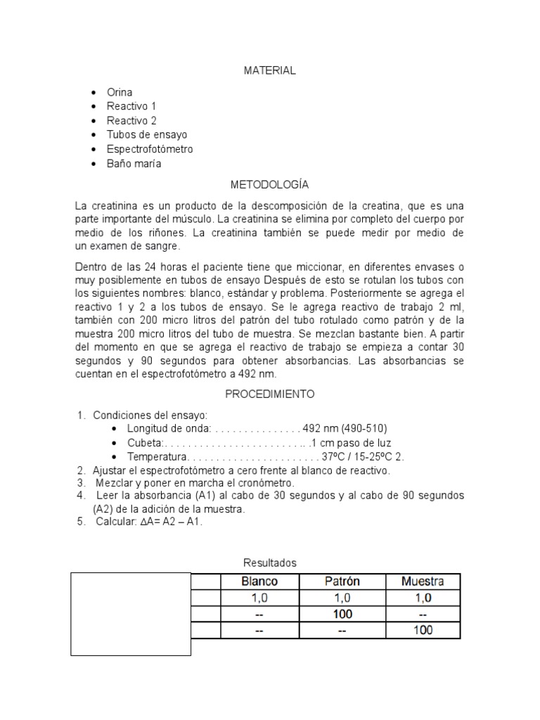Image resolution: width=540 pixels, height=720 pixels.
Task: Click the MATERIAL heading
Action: [269, 70]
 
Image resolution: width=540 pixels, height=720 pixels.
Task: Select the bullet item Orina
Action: [120, 92]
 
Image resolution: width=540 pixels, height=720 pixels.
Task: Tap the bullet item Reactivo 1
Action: [131, 106]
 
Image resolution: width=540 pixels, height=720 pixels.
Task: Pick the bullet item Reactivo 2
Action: [131, 120]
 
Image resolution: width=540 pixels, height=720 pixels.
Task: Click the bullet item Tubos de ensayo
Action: [147, 134]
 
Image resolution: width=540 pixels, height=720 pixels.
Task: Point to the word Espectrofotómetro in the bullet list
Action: [150, 149]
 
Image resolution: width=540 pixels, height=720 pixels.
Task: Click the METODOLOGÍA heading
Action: [269, 185]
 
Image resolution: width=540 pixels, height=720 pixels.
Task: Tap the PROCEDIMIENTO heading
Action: [269, 394]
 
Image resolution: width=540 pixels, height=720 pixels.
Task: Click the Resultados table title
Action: [270, 562]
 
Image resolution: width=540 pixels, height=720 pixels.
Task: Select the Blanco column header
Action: [259, 581]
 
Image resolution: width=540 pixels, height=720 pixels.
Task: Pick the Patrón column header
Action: [342, 581]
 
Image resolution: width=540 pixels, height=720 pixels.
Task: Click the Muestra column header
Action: [422, 581]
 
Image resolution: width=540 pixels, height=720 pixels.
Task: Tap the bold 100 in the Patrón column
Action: [342, 614]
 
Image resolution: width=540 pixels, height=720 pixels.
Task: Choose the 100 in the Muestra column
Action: [423, 630]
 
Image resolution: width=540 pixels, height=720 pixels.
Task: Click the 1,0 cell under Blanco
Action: [259, 598]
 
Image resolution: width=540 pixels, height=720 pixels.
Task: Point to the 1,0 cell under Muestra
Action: [423, 598]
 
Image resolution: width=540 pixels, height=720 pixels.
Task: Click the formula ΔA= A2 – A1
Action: [168, 523]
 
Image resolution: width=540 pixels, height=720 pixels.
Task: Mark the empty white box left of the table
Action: [131, 614]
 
